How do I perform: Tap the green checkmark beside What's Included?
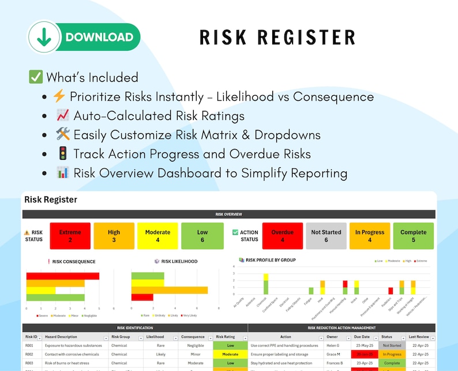pyautogui.click(x=36, y=77)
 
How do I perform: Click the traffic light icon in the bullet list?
pyautogui.click(x=62, y=154)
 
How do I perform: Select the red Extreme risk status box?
pyautogui.click(x=70, y=235)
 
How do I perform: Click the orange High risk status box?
pyautogui.click(x=114, y=235)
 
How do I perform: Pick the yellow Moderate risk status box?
pyautogui.click(x=157, y=235)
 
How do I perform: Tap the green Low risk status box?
pyautogui.click(x=202, y=235)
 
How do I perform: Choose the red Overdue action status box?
pyautogui.click(x=283, y=235)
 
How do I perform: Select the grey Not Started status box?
pyautogui.click(x=326, y=235)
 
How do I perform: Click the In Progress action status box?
pyautogui.click(x=370, y=235)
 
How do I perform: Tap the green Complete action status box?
pyautogui.click(x=414, y=235)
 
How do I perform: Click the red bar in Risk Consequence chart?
pyautogui.click(x=63, y=276)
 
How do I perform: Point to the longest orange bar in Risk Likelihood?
pyautogui.click(x=169, y=290)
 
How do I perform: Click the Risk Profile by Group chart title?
pyautogui.click(x=271, y=260)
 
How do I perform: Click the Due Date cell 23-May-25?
pyautogui.click(x=362, y=346)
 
